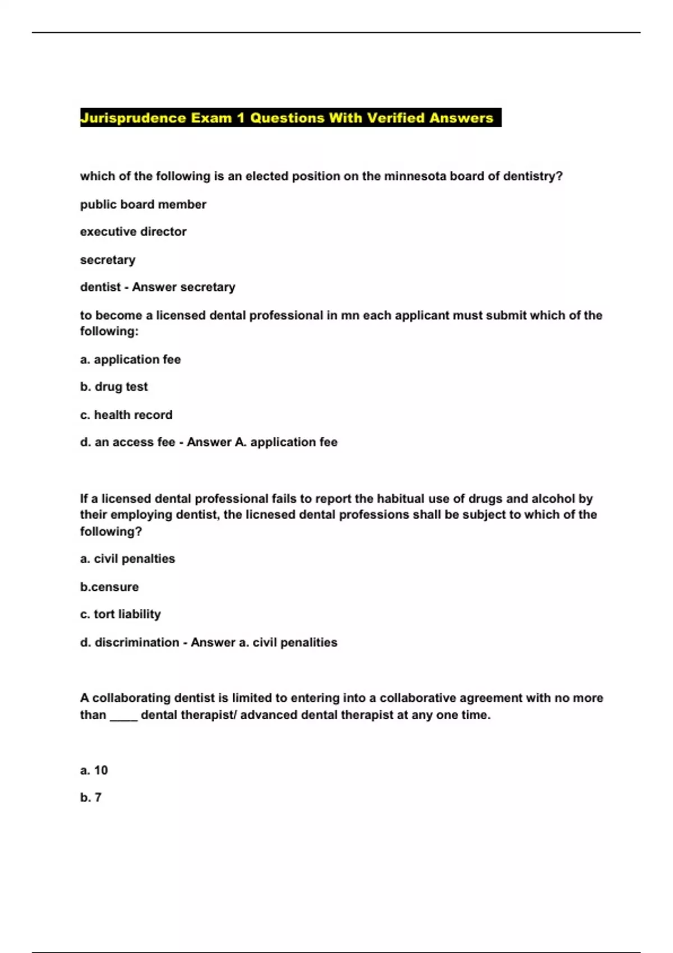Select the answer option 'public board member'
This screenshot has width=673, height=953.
click(x=143, y=205)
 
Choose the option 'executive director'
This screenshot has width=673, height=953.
click(x=133, y=232)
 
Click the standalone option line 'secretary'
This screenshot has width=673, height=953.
click(x=108, y=260)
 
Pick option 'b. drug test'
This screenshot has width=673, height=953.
click(x=114, y=387)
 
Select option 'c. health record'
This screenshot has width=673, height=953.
click(x=126, y=415)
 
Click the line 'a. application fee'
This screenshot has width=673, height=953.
click(x=130, y=359)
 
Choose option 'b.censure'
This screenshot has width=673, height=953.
click(x=109, y=587)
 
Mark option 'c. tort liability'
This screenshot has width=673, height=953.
click(x=121, y=614)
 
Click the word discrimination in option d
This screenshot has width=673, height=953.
click(x=137, y=642)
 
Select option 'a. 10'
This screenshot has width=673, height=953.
click(x=94, y=770)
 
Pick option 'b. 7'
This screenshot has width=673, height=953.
click(x=91, y=798)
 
